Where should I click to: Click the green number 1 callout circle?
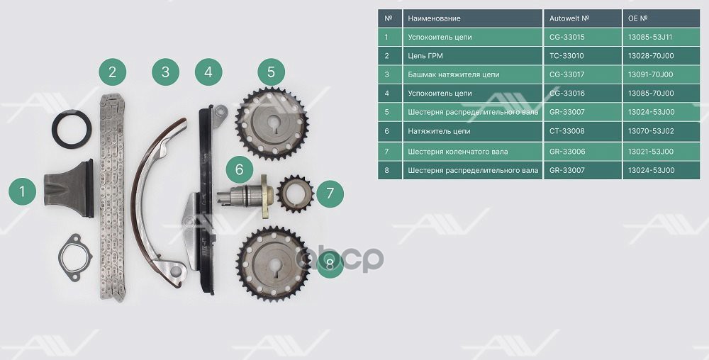click(x=22, y=191)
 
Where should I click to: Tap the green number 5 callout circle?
click(x=272, y=72)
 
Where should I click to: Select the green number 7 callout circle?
click(x=330, y=193)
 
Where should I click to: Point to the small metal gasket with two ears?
click(x=74, y=257)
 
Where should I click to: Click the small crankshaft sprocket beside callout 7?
click(x=295, y=193)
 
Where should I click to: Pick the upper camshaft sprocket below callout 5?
click(x=272, y=123)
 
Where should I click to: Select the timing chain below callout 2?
click(x=112, y=198)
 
